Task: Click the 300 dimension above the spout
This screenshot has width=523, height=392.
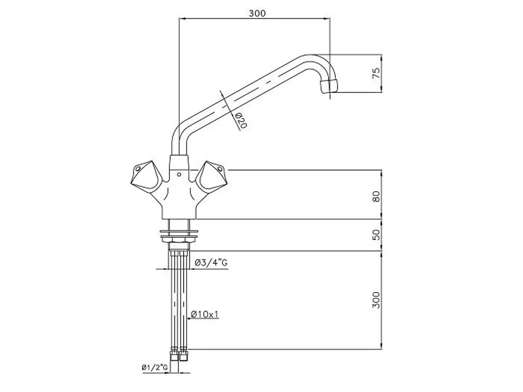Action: click(x=257, y=13)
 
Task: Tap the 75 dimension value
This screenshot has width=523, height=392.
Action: click(x=376, y=73)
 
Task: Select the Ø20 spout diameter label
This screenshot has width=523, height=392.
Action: click(x=241, y=121)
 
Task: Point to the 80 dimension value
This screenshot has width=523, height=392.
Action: click(x=376, y=196)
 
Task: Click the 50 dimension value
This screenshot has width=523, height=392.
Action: click(x=376, y=235)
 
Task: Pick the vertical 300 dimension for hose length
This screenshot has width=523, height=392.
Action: click(x=376, y=300)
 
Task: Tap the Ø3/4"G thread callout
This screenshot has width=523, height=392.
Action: click(x=211, y=263)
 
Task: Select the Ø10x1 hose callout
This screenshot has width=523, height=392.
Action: click(x=205, y=314)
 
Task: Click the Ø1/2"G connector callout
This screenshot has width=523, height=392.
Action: click(x=154, y=367)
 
